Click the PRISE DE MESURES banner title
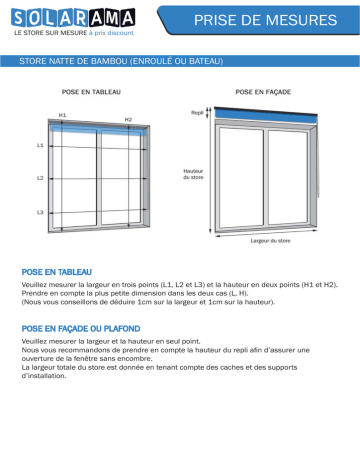(x=265, y=20)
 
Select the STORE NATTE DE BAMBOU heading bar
(x=180, y=61)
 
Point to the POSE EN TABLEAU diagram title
(x=91, y=92)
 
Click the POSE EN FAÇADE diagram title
(x=263, y=92)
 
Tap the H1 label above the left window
(x=62, y=115)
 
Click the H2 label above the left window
(x=128, y=119)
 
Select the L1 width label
(x=40, y=145)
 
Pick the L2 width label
(x=40, y=178)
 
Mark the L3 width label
(x=40, y=212)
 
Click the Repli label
(x=197, y=113)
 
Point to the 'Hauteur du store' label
(x=193, y=174)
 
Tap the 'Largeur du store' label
(x=270, y=241)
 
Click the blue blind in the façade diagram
(x=266, y=115)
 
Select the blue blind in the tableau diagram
(x=98, y=129)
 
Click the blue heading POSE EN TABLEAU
(x=57, y=272)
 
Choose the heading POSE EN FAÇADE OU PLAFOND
(x=81, y=329)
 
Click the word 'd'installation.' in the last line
(x=44, y=376)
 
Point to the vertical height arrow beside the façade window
(x=210, y=170)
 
